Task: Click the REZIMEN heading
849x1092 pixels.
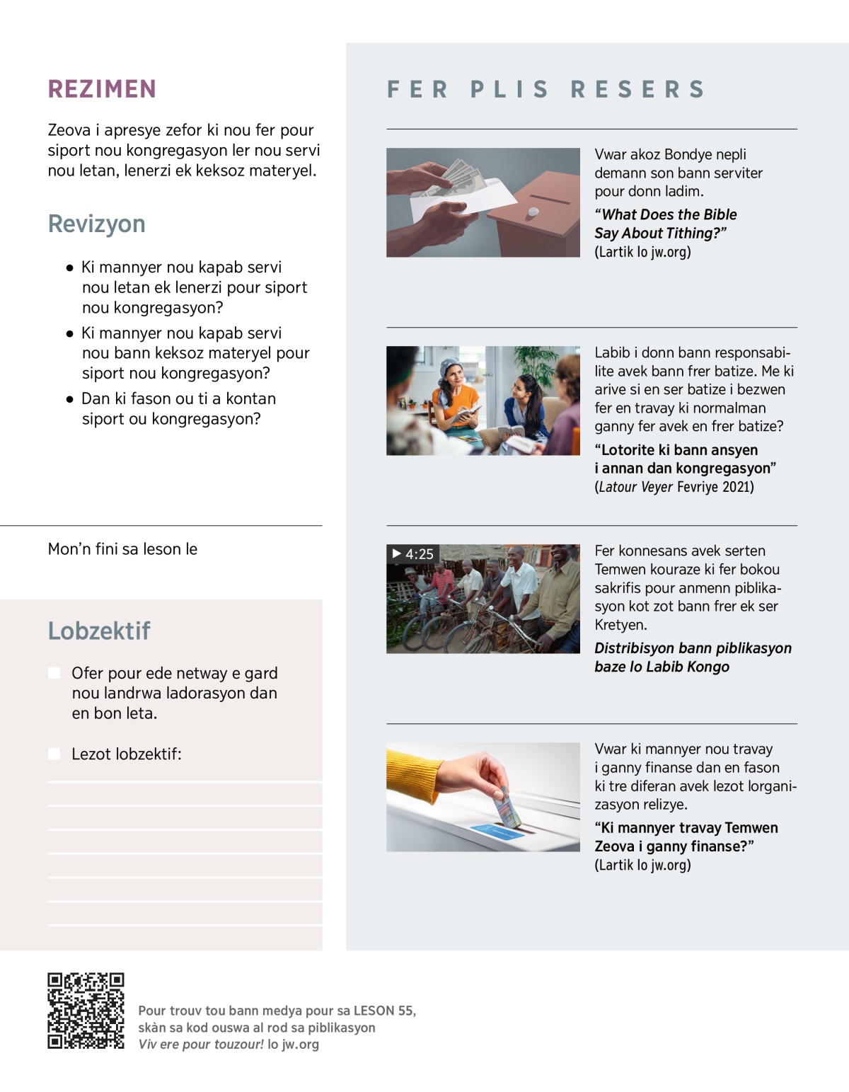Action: pyautogui.click(x=102, y=89)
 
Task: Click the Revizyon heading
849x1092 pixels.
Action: pyautogui.click(x=96, y=224)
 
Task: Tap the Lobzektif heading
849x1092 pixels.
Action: pyautogui.click(x=99, y=631)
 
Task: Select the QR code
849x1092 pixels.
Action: pyautogui.click(x=86, y=1011)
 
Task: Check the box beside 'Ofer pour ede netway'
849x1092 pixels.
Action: pyautogui.click(x=54, y=672)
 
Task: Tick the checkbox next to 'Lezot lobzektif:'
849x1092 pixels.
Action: pyautogui.click(x=54, y=754)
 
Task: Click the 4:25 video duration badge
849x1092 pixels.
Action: pyautogui.click(x=412, y=554)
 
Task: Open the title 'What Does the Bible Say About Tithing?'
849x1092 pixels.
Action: pyautogui.click(x=665, y=224)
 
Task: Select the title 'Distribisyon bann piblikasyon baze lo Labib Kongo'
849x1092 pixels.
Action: pyautogui.click(x=693, y=657)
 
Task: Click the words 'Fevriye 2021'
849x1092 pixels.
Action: pyautogui.click(x=715, y=487)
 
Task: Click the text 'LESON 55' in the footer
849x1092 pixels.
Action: pyautogui.click(x=383, y=1011)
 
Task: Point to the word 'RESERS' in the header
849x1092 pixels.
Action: pyautogui.click(x=637, y=89)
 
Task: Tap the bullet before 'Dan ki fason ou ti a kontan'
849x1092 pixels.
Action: pyautogui.click(x=69, y=399)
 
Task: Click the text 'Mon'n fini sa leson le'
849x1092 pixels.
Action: pyautogui.click(x=122, y=549)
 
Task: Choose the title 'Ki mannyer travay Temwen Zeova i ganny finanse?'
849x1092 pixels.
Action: pyautogui.click(x=686, y=837)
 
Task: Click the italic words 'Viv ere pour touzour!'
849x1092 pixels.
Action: pyautogui.click(x=200, y=1045)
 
